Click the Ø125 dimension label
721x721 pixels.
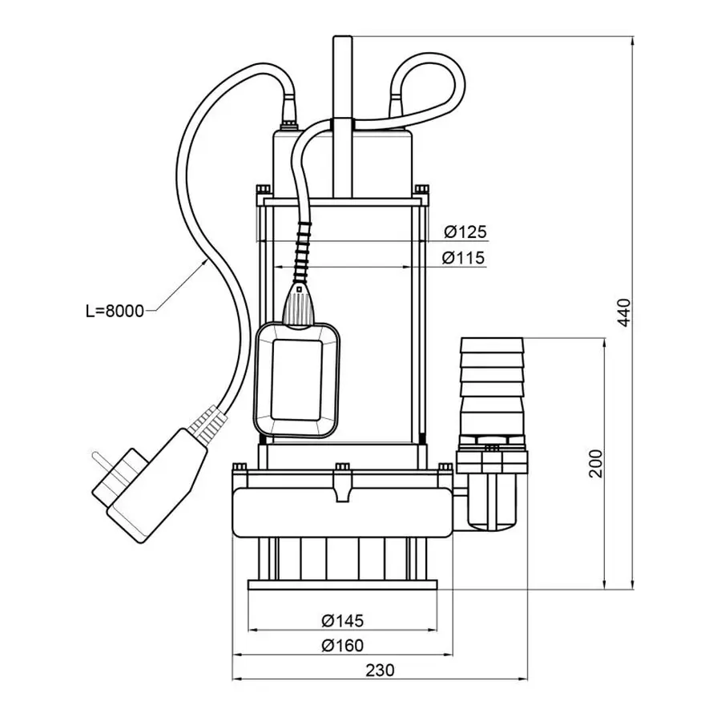tap(465, 232)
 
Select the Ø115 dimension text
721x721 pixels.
tap(465, 259)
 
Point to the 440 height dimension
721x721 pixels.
tap(626, 312)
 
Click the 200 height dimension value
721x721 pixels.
tap(595, 462)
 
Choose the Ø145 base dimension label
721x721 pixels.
tap(342, 620)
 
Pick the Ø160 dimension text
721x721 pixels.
tap(342, 646)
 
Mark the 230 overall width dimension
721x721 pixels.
tap(381, 671)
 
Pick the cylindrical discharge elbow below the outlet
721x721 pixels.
tap(491, 501)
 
